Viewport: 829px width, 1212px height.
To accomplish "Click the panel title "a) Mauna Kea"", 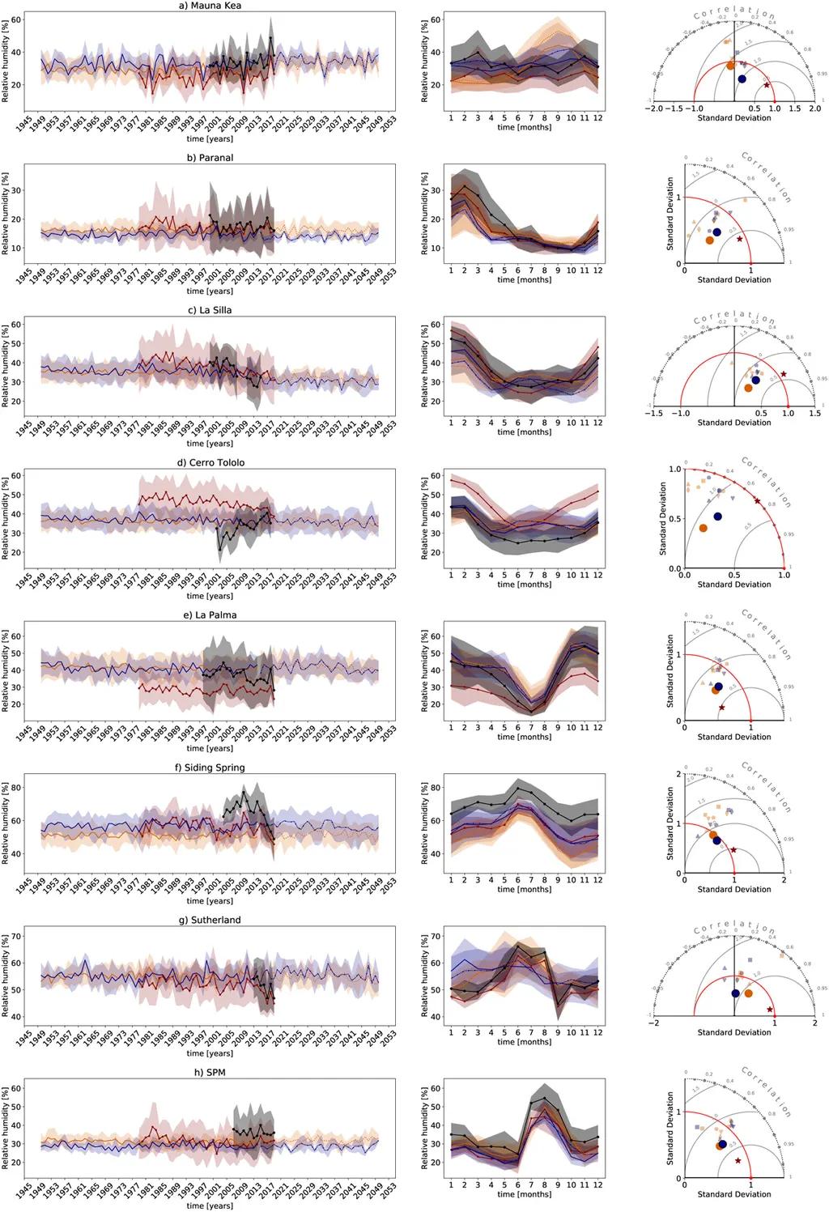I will tap(210, 6).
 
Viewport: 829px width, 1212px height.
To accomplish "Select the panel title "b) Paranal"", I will tap(210, 158).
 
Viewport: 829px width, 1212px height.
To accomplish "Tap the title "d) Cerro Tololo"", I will tap(210, 463).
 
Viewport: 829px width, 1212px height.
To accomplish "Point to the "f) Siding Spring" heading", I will tap(210, 768).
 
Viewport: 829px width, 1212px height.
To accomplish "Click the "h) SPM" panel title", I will tap(210, 1073).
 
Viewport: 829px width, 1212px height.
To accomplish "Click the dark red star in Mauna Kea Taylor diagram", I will tap(767, 85).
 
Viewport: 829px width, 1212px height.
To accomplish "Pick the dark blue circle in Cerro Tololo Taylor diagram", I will tap(717, 517).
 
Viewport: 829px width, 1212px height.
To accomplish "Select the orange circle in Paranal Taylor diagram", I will tap(710, 240).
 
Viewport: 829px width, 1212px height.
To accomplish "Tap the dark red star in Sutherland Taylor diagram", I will tap(770, 1010).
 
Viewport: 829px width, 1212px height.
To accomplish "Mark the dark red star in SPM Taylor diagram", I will tap(738, 1161).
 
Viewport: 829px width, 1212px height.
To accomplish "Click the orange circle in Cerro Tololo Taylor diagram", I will tap(704, 528).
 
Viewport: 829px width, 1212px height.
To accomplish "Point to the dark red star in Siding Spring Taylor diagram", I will tap(733, 849).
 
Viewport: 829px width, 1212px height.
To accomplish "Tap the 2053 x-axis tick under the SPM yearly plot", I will tap(388, 1194).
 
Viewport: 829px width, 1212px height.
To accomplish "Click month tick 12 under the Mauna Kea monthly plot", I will tap(597, 118).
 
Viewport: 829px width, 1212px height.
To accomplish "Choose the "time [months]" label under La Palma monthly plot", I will tap(524, 737).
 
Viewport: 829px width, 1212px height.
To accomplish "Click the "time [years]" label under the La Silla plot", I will tap(210, 444).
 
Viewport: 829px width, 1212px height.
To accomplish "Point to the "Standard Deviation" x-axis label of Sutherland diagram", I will tap(734, 1032).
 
